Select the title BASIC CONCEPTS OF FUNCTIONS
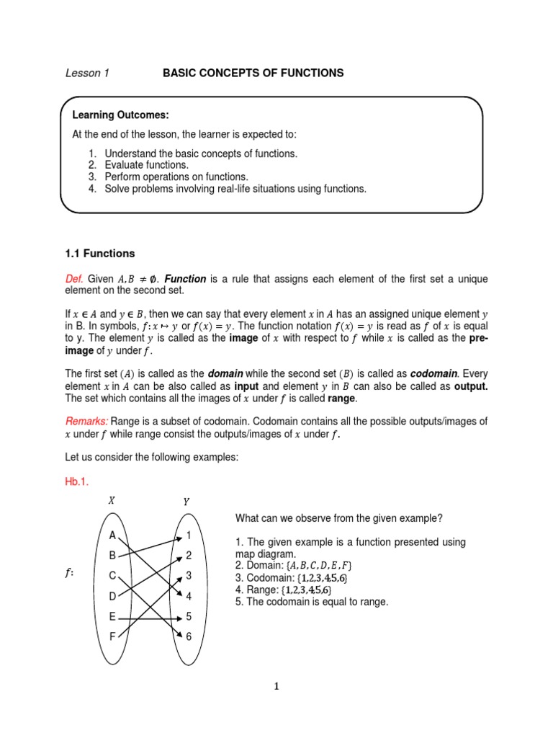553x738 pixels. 253,74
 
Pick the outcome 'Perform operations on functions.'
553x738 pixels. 176,177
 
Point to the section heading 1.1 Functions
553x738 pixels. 100,254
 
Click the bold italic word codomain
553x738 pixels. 433,374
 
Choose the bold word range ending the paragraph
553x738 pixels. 341,398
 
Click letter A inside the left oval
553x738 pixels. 112,535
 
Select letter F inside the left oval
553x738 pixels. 112,636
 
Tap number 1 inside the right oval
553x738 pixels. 189,535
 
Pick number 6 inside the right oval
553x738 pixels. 189,637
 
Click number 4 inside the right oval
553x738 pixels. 189,597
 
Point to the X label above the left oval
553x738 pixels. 112,500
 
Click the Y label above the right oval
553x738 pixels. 186,502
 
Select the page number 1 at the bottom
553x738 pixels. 276,687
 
